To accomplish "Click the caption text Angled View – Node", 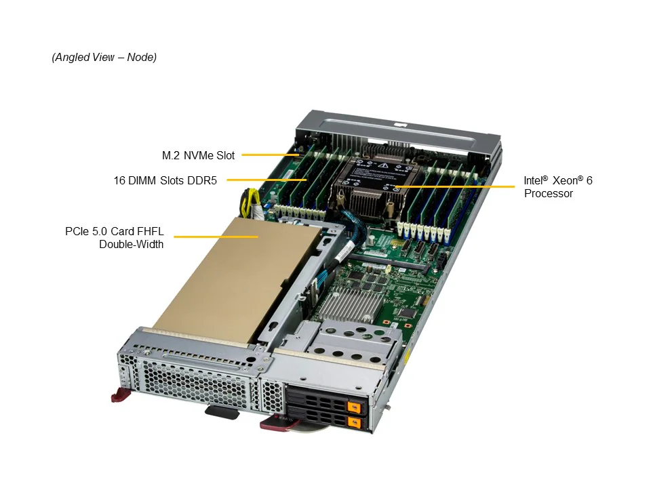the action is click(x=104, y=57).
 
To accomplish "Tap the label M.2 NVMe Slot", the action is click(x=198, y=156).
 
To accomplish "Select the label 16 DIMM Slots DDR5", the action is click(x=165, y=180).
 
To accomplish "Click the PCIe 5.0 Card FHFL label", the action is click(x=114, y=231).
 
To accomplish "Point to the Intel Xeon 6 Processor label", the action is click(x=557, y=187).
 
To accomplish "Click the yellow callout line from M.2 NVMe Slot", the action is click(x=271, y=155).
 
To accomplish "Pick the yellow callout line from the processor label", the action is click(x=454, y=187).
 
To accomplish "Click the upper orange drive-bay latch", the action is click(x=353, y=407).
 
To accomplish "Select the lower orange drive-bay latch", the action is click(x=353, y=422).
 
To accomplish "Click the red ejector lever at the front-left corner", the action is click(x=121, y=394).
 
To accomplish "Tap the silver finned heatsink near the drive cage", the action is click(x=351, y=305).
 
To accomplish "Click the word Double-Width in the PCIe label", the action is click(x=131, y=244).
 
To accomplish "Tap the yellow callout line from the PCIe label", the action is click(x=216, y=237).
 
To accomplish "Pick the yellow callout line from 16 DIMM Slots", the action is click(x=267, y=180).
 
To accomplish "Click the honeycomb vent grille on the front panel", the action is click(x=195, y=384).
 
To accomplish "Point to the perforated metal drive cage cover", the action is click(x=353, y=344).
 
